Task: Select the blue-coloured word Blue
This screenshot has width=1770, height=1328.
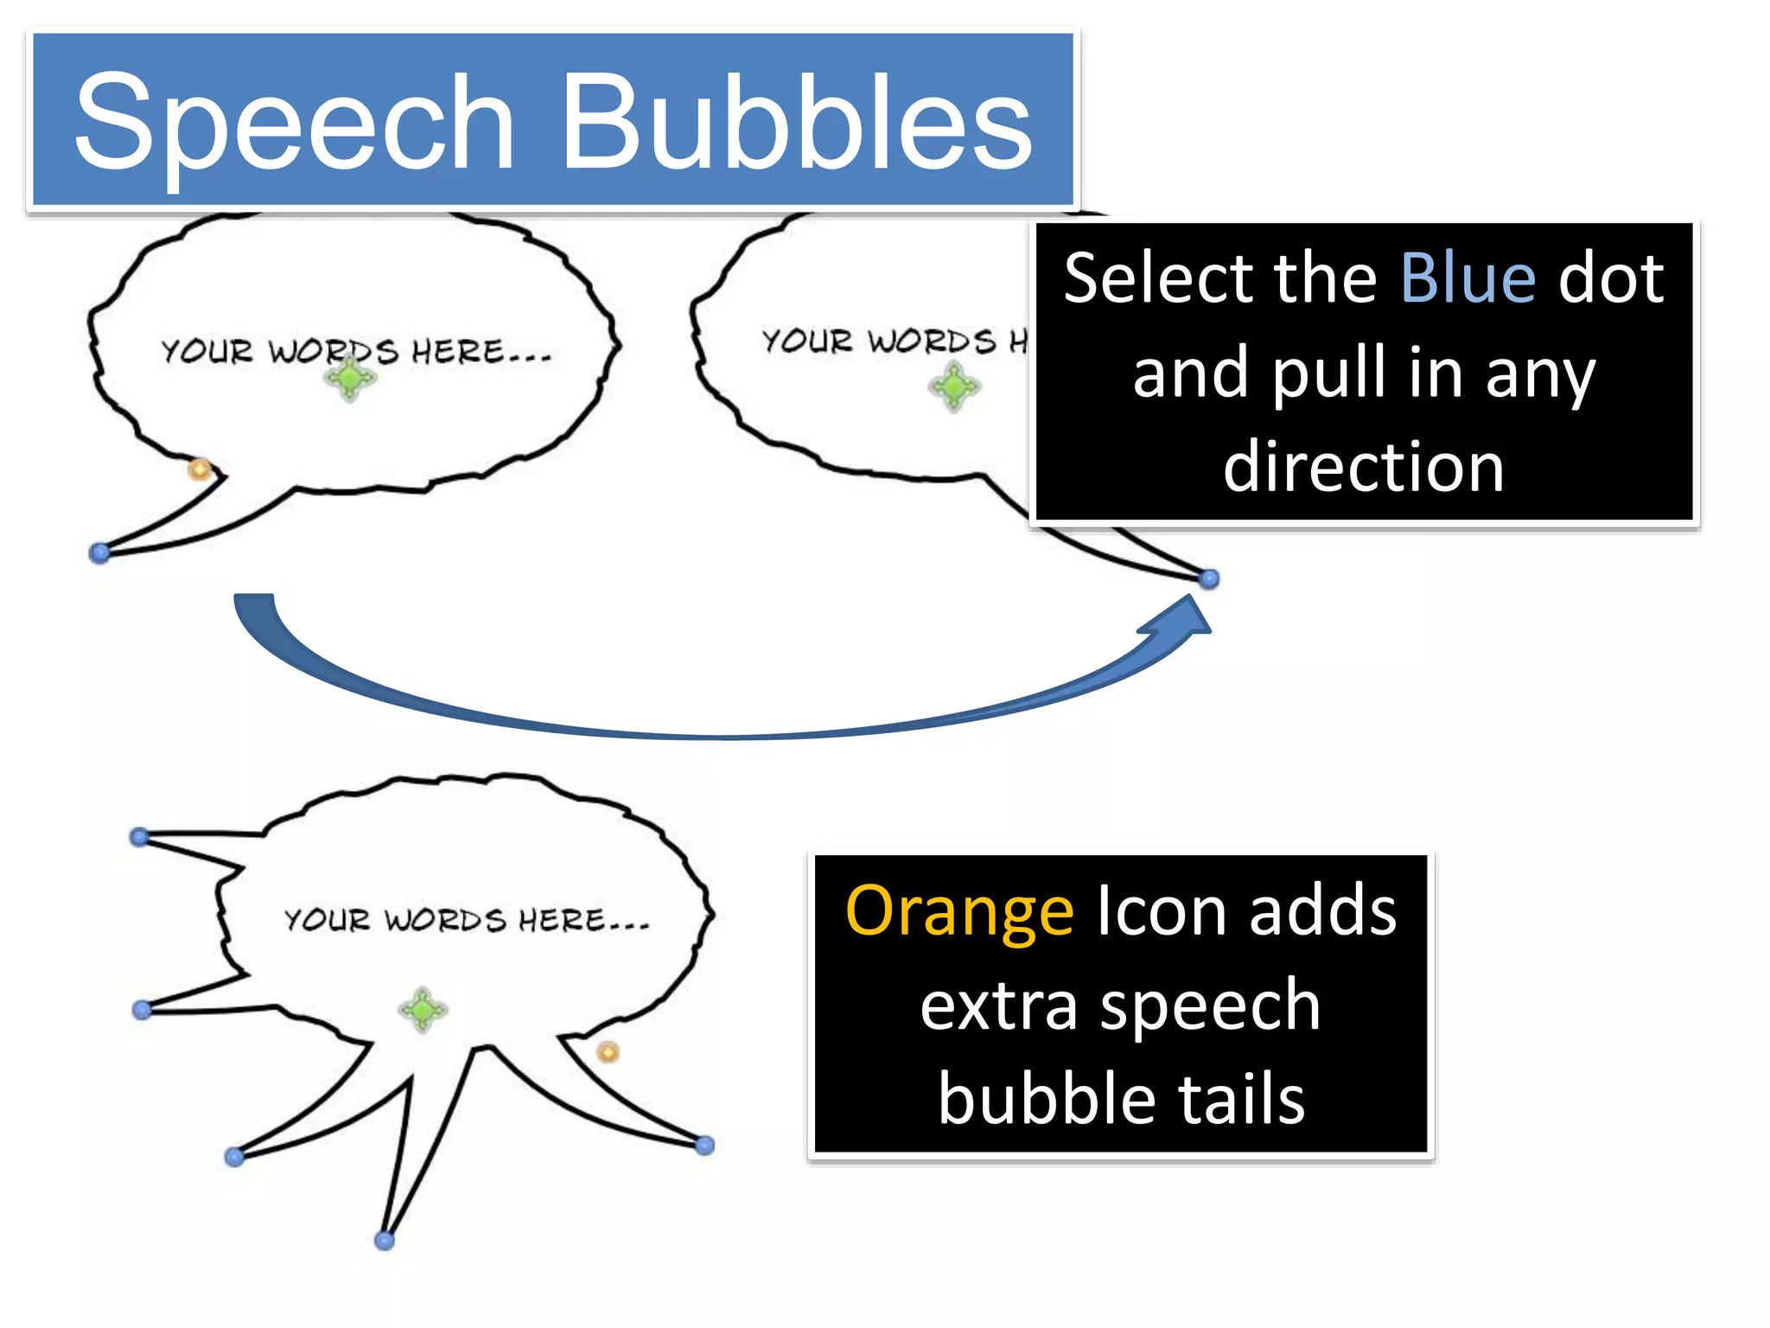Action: (x=1468, y=278)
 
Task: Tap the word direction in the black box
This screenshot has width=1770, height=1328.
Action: (x=1364, y=467)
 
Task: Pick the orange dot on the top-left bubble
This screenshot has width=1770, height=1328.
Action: (x=200, y=469)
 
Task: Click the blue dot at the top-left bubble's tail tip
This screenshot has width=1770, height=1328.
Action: (x=100, y=552)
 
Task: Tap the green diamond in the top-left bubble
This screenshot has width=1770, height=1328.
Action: (x=350, y=378)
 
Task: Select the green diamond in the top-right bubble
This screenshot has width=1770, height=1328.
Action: (x=954, y=386)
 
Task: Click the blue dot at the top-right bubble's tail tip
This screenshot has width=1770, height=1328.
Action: (x=1209, y=578)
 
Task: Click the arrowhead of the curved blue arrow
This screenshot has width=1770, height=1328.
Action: (x=1184, y=618)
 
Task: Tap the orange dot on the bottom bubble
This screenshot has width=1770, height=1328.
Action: (x=608, y=1052)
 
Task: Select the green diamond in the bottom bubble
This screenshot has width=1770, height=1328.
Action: (x=423, y=1009)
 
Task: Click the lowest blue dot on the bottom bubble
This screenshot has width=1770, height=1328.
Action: (x=385, y=1241)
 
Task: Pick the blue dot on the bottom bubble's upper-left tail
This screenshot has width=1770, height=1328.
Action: (x=139, y=836)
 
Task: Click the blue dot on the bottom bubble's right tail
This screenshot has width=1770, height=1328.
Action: (x=705, y=1146)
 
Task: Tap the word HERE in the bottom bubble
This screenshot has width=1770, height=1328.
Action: (x=563, y=920)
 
